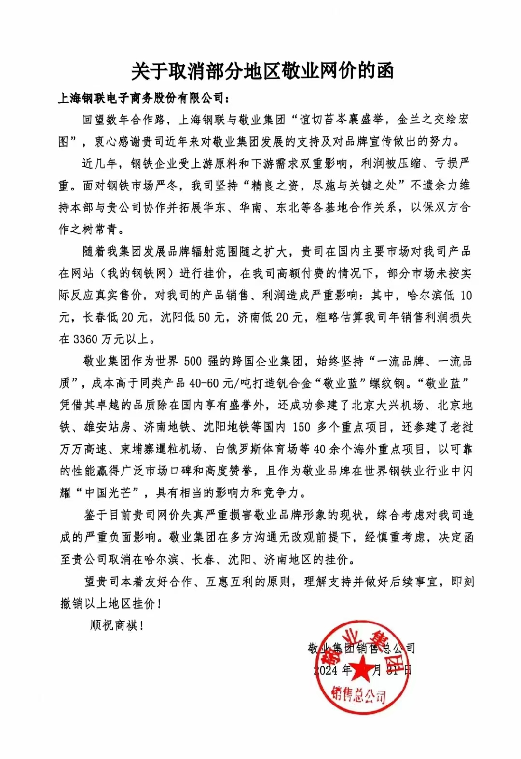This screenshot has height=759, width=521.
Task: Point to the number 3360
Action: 85,339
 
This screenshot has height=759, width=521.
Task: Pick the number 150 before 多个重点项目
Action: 302,427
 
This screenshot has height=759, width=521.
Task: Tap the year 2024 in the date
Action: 326,670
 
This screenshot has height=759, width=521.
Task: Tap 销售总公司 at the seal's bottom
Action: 359,695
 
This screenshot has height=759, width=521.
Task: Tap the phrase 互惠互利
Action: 231,582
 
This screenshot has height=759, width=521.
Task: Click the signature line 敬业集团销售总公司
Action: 361,649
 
